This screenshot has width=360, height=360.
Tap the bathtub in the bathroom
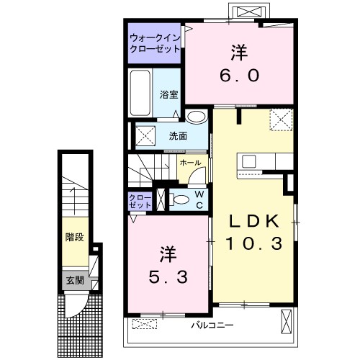coord(140,94)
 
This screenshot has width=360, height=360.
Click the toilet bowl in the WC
coord(181,199)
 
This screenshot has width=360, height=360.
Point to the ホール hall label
coord(190,163)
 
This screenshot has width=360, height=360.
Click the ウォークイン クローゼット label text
coord(155,44)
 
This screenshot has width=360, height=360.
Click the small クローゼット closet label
coord(140,201)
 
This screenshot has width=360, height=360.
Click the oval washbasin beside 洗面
coord(194,117)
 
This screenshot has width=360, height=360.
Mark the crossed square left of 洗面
coord(146,134)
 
